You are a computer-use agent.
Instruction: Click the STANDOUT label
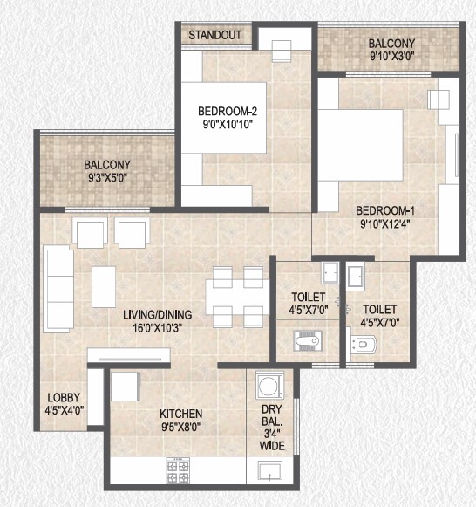tap(214, 35)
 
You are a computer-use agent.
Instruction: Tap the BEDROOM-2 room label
tap(228, 111)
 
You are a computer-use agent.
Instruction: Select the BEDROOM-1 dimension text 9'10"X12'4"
tap(385, 223)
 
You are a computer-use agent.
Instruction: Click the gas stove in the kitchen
tap(178, 470)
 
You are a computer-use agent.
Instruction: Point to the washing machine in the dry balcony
tap(269, 385)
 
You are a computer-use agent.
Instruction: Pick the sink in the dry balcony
tap(270, 471)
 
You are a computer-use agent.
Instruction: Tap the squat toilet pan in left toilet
tap(307, 340)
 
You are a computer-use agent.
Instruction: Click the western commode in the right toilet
tap(364, 345)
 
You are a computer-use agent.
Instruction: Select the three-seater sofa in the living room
tap(58, 289)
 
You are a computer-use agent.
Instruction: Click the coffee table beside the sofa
tap(104, 287)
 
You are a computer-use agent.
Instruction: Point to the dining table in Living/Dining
tap(237, 298)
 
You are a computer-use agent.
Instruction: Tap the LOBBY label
tap(64, 397)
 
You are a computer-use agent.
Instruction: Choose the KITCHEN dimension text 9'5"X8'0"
tap(180, 428)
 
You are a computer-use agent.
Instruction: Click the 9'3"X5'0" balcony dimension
tap(108, 178)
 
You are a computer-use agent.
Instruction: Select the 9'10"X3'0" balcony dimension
tap(391, 56)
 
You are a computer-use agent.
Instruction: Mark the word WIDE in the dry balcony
tap(272, 446)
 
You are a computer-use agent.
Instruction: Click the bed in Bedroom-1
tap(361, 145)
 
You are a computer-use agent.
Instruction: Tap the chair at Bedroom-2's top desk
tap(282, 51)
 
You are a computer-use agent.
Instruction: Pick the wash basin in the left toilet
tap(330, 273)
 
